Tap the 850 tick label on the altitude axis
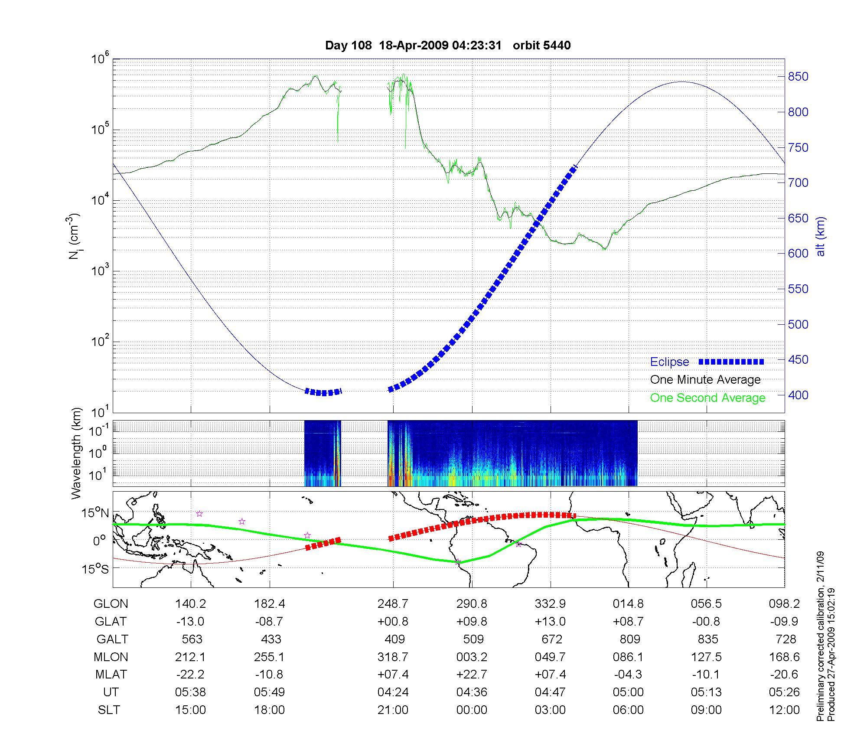coord(799,77)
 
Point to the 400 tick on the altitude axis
coord(799,395)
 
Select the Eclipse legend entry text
coord(669,362)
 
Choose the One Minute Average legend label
coord(705,380)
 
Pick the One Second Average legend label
coord(707,398)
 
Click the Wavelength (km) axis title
coord(77,453)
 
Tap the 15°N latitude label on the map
coord(95,513)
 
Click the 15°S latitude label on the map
coord(95,568)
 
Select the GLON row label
coord(111,604)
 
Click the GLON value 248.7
coord(393,604)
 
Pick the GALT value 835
coord(707,639)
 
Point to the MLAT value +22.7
coord(472,675)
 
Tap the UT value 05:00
coord(628,692)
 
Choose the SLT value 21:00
coord(393,710)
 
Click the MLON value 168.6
coord(784,657)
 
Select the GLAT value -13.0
coord(190,622)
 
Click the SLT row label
coord(109,710)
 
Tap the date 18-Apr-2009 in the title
coord(414,45)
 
